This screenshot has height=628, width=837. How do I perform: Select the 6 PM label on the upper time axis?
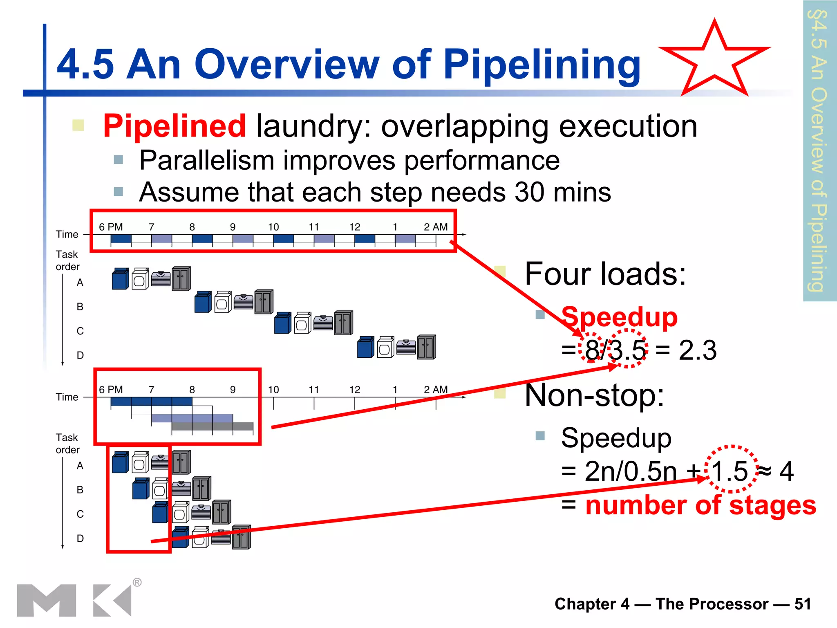coord(111,227)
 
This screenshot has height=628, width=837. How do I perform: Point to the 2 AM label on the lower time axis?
coord(436,390)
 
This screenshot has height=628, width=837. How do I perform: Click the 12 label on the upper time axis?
coord(354,227)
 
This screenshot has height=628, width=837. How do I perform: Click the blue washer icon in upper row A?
coord(120,279)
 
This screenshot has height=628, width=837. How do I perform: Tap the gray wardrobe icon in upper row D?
coord(426,347)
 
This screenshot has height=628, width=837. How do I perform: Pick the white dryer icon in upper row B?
coord(223,302)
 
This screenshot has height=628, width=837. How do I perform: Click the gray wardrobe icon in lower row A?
coord(181,462)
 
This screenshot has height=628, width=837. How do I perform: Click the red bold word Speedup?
coord(619,317)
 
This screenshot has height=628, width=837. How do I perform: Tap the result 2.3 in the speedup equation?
coord(697,350)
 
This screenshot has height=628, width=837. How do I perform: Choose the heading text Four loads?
coord(605,274)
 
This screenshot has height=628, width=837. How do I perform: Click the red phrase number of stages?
coord(700,505)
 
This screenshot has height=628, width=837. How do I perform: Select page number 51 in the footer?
coord(802,604)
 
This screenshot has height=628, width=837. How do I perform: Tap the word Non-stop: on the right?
coord(595,395)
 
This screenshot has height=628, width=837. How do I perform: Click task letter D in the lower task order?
coord(80,538)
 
